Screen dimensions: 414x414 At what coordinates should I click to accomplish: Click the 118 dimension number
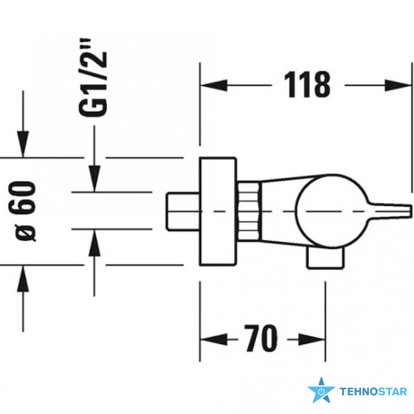(x=307, y=85)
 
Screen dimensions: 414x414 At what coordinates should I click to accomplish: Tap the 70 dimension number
(x=261, y=338)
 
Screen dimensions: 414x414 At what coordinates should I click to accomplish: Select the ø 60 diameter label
(x=22, y=211)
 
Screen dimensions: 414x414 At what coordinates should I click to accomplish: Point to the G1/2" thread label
(x=93, y=78)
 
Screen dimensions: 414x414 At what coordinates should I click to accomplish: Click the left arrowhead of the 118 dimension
(x=214, y=85)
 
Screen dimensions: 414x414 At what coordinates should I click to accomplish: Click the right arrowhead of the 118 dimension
(x=398, y=85)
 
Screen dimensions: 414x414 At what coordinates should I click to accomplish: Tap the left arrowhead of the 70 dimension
(x=214, y=340)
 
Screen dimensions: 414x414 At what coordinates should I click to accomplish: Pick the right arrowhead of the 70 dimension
(x=312, y=340)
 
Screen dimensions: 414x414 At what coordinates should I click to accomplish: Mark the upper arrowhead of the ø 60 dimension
(x=23, y=144)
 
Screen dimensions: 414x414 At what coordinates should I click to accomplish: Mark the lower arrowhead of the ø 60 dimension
(x=23, y=279)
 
